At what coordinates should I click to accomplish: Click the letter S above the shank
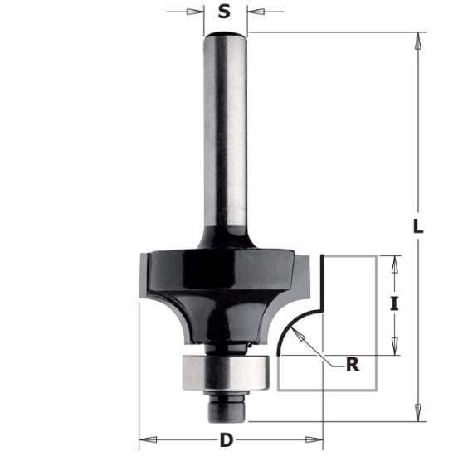(x=224, y=12)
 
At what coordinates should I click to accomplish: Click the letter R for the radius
(x=353, y=363)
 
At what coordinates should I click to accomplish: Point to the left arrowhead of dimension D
(x=143, y=437)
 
